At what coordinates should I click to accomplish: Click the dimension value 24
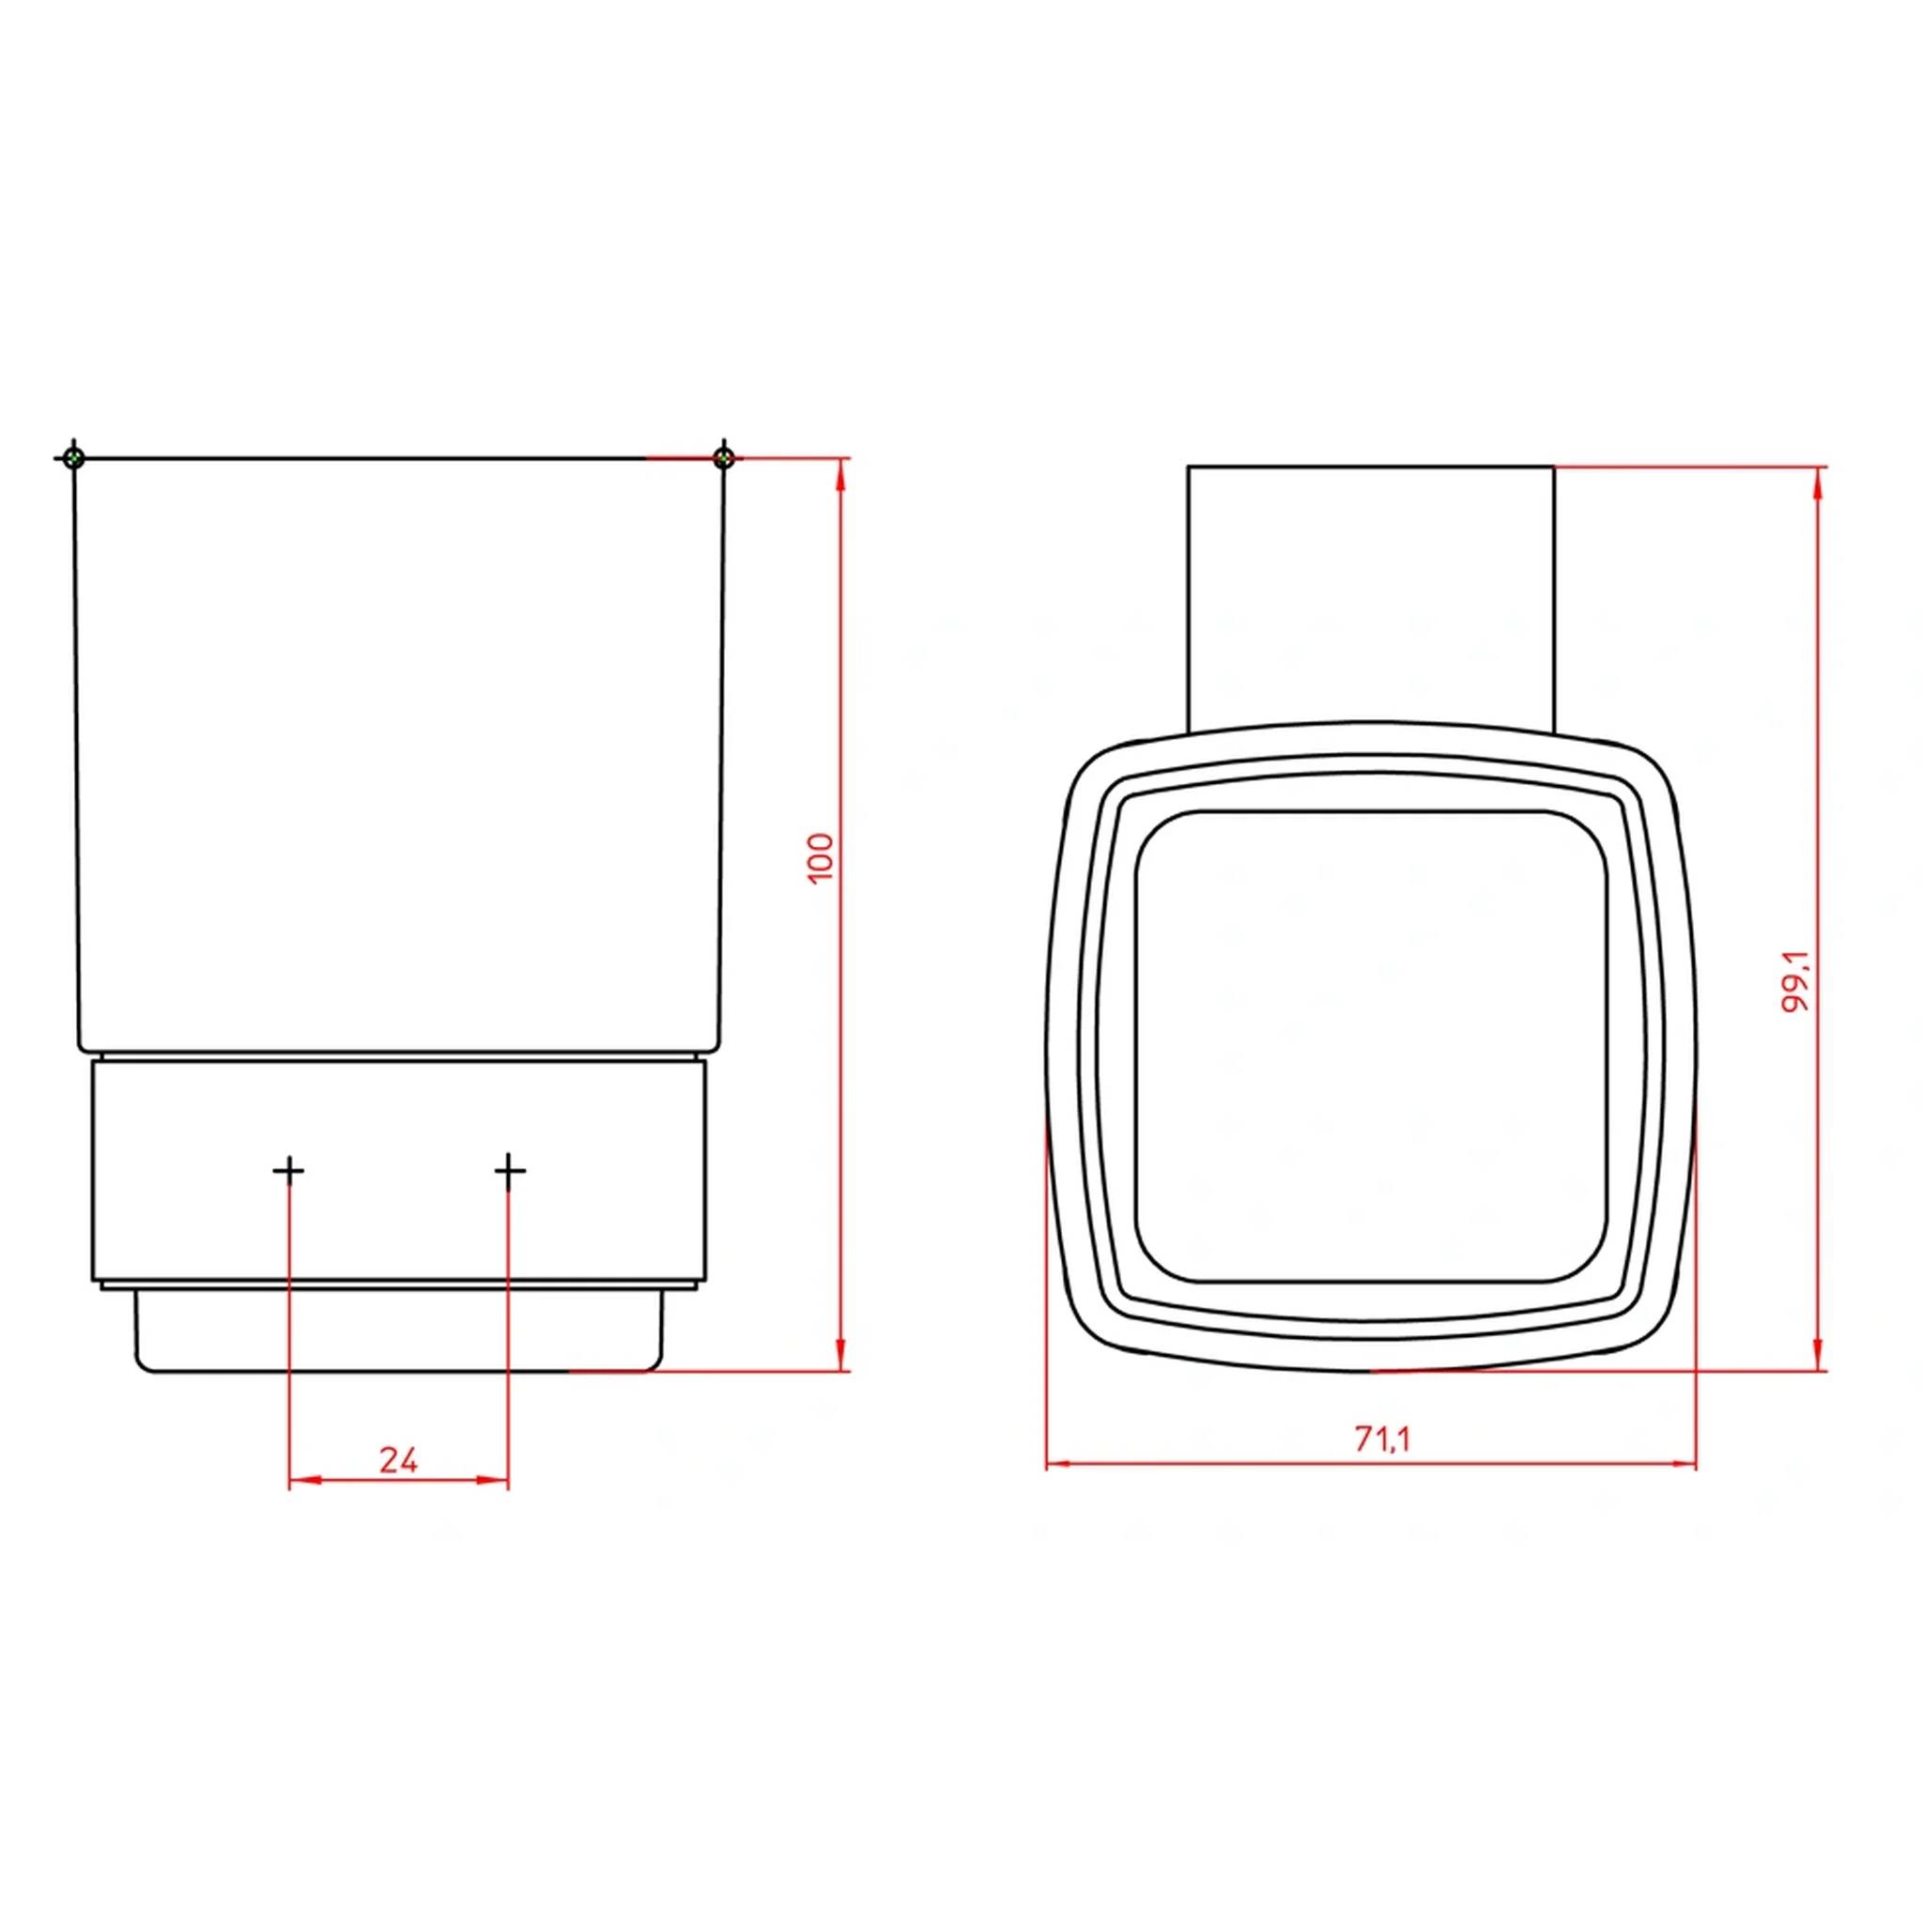(398, 1460)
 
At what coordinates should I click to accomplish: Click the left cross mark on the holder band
(288, 1171)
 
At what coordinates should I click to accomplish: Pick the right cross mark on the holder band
(509, 1171)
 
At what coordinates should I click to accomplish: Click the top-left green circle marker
(73, 458)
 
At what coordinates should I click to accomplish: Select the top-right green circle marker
(724, 458)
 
